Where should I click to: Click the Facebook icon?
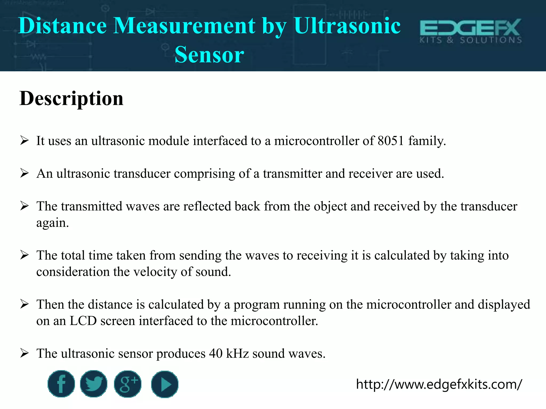pyautogui.click(x=61, y=384)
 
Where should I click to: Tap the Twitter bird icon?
pyautogui.click(x=94, y=384)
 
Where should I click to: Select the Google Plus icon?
pyautogui.click(x=128, y=384)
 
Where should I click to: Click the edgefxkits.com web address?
pyautogui.click(x=439, y=385)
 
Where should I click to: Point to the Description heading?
pyautogui.click(x=71, y=99)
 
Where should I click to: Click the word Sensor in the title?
pyautogui.click(x=209, y=55)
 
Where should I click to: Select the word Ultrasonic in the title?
pyautogui.click(x=347, y=26)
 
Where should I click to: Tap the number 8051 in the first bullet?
pyautogui.click(x=391, y=141)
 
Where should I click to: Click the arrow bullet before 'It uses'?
pyautogui.click(x=24, y=140)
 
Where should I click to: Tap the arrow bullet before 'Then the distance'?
pyautogui.click(x=24, y=304)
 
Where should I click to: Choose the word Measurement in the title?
pyautogui.click(x=184, y=26)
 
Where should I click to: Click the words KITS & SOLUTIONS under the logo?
pyautogui.click(x=471, y=40)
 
